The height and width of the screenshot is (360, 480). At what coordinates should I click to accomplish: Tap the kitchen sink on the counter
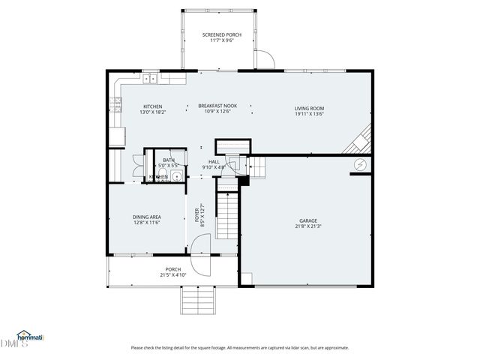(x=150, y=77)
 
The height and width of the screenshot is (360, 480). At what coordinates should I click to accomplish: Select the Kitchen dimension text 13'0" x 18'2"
(x=153, y=112)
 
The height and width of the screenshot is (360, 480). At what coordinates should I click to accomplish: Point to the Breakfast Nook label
(x=217, y=106)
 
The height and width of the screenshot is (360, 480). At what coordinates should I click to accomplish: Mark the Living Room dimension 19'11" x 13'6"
(x=308, y=115)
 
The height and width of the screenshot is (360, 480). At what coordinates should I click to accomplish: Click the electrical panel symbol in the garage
(x=360, y=164)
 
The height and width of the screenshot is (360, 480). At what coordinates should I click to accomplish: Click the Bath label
(x=169, y=159)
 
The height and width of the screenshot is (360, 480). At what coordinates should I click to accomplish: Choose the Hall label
(x=214, y=161)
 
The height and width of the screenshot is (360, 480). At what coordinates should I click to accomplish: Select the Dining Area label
(x=147, y=217)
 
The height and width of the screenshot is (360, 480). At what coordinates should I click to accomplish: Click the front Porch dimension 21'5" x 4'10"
(x=172, y=275)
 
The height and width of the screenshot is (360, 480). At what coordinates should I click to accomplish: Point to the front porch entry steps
(x=199, y=301)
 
